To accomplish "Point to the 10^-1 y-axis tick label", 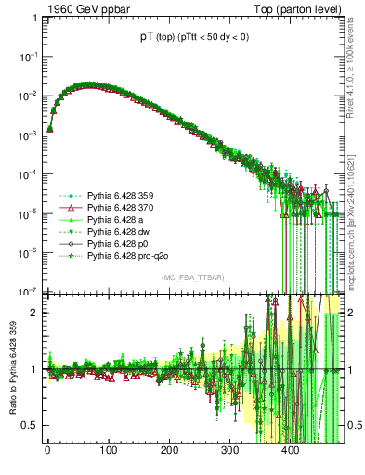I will pyautogui.click(x=28, y=57).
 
